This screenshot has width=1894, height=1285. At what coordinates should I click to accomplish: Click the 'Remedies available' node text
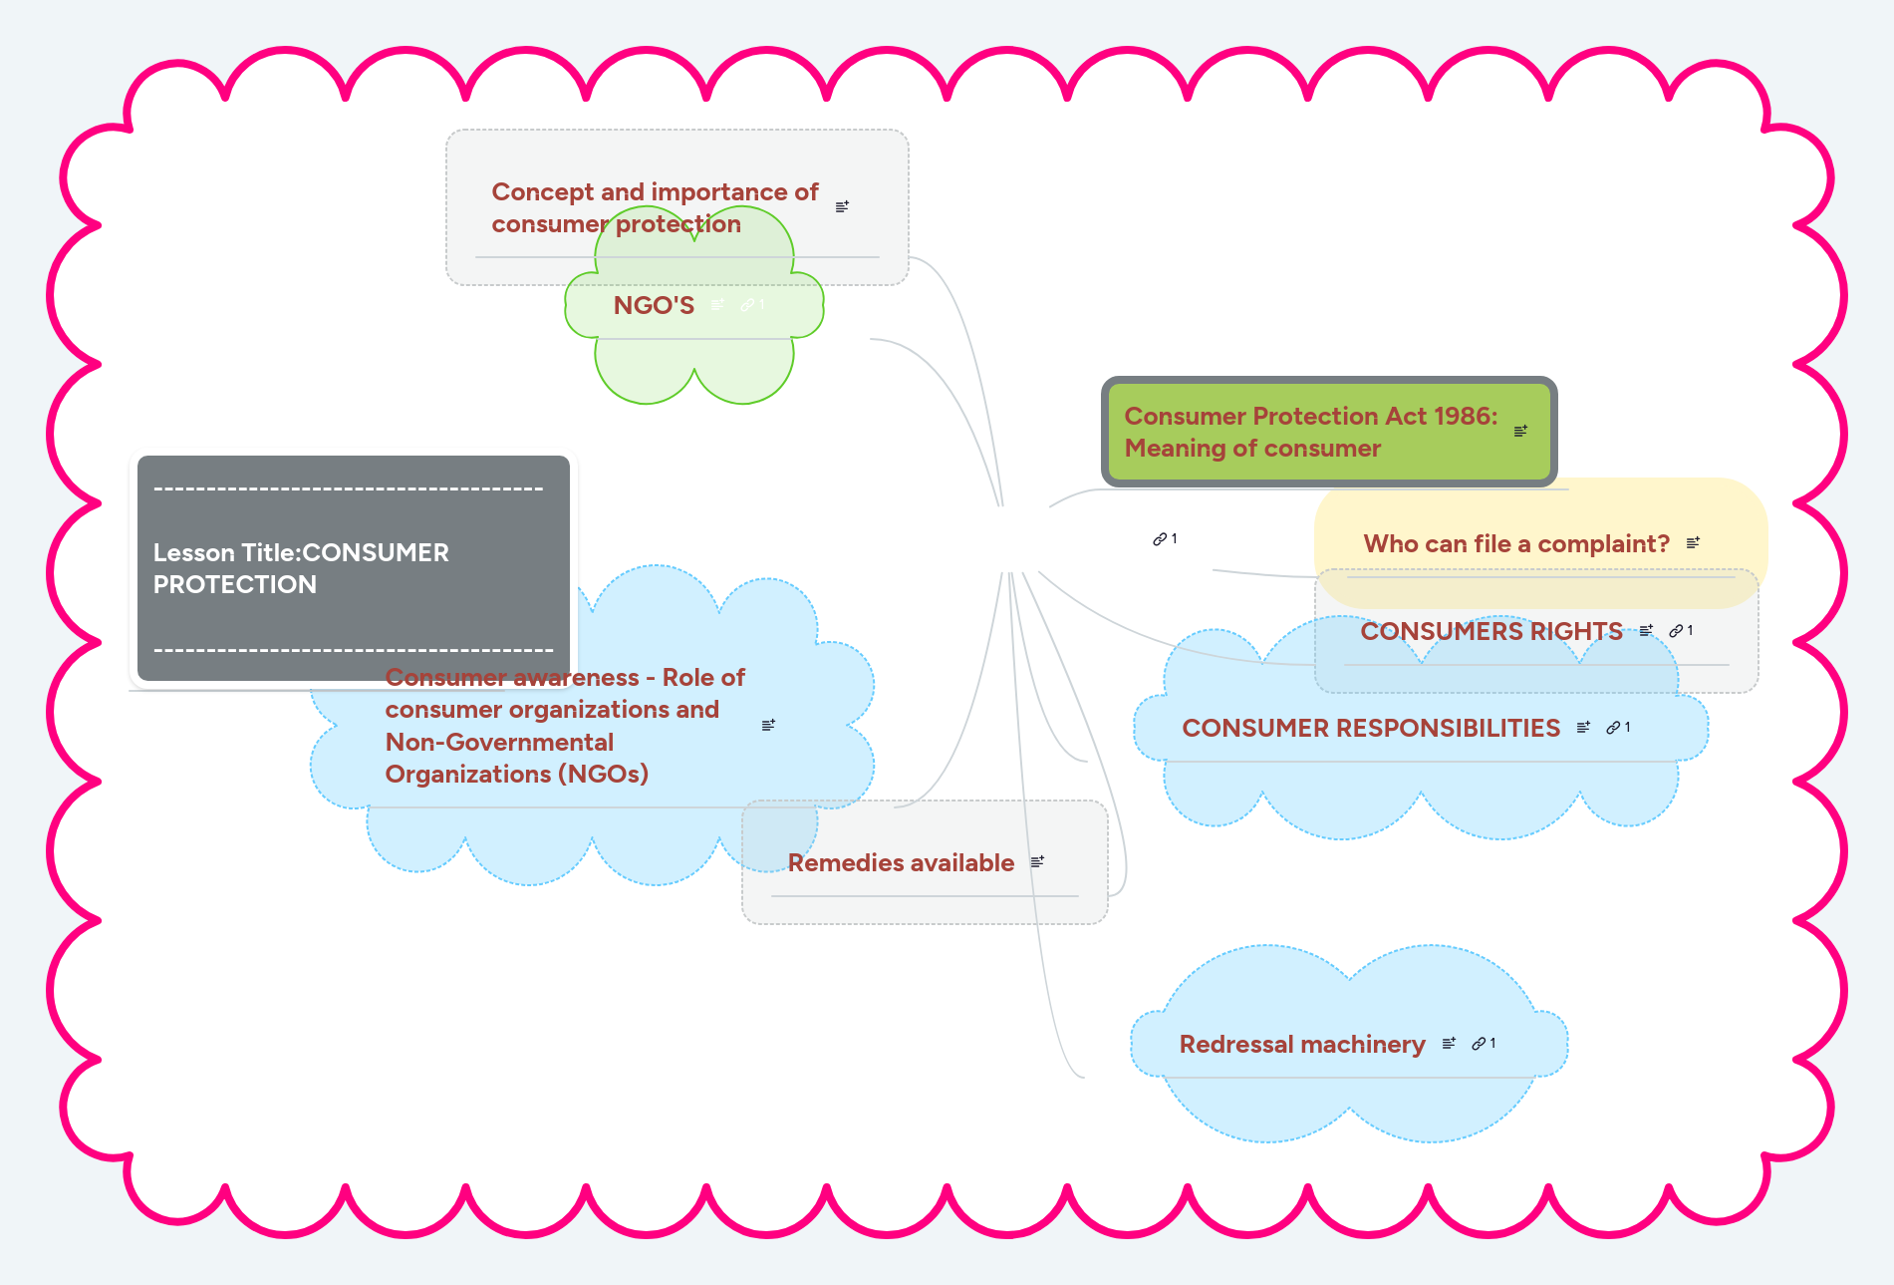[x=901, y=863]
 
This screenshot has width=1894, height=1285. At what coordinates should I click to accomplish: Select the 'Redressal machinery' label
[x=1301, y=1045]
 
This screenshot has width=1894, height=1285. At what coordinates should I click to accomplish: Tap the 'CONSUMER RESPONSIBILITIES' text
[x=1370, y=729]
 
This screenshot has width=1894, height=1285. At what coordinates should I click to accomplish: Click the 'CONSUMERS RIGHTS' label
[x=1490, y=632]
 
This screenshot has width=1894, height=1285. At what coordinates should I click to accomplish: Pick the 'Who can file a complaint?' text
[x=1515, y=544]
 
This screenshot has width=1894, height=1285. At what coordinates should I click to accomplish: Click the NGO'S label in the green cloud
[x=654, y=306]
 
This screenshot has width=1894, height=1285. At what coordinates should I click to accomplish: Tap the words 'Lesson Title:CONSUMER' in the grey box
[x=301, y=553]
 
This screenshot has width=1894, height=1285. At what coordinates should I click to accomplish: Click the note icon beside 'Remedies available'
[x=1037, y=861]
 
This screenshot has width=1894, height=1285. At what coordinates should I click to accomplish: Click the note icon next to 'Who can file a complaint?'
[x=1693, y=543]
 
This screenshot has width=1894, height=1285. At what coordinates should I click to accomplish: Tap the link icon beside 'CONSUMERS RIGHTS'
[x=1677, y=631]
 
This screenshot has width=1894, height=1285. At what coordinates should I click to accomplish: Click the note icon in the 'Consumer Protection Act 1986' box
[x=1520, y=432]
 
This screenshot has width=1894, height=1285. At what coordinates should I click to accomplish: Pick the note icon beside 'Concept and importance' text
[x=842, y=206]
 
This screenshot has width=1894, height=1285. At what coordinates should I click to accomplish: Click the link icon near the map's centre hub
[x=1161, y=539]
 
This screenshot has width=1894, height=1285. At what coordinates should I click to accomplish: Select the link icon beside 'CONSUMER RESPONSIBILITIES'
[x=1614, y=728]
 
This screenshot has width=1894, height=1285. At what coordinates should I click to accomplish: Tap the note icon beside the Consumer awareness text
[x=768, y=725]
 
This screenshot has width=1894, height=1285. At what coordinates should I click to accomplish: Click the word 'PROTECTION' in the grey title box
[x=235, y=585]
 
